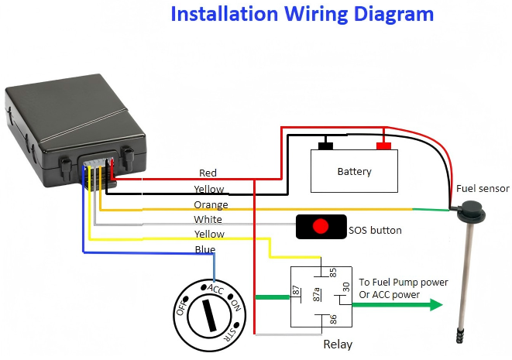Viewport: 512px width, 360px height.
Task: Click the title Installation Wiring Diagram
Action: click(x=301, y=14)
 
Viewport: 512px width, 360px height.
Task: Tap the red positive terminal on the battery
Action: click(x=383, y=146)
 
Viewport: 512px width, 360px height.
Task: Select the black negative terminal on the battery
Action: click(x=325, y=146)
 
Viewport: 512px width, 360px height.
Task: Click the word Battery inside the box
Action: click(x=354, y=172)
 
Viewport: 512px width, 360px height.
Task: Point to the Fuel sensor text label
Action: click(x=483, y=189)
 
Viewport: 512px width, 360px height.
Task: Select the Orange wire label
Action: click(x=211, y=205)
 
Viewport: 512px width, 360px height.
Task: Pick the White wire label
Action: click(x=208, y=220)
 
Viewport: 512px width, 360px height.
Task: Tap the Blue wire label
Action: click(x=205, y=249)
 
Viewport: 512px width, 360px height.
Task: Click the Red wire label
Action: click(x=208, y=173)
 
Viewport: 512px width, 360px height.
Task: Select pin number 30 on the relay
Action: click(x=346, y=287)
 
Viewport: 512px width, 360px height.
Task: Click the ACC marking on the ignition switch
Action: click(x=216, y=288)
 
